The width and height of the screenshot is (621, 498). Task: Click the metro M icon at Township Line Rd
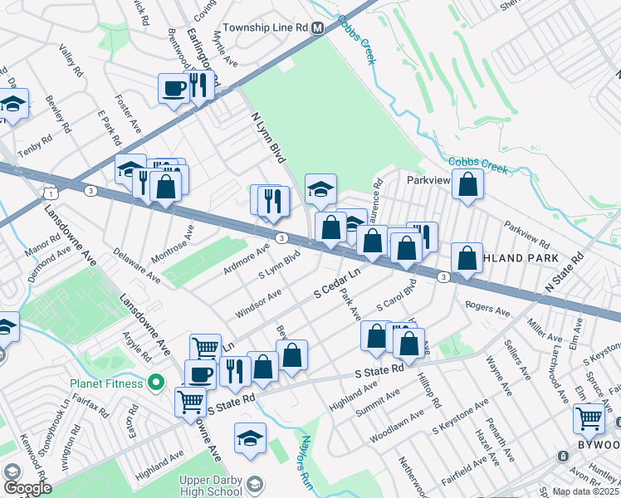tap(317, 27)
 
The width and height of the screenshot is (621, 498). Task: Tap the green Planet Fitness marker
tap(154, 383)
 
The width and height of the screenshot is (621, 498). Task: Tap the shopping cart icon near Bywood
tap(589, 419)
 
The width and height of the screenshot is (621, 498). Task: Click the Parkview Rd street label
tap(526, 234)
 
